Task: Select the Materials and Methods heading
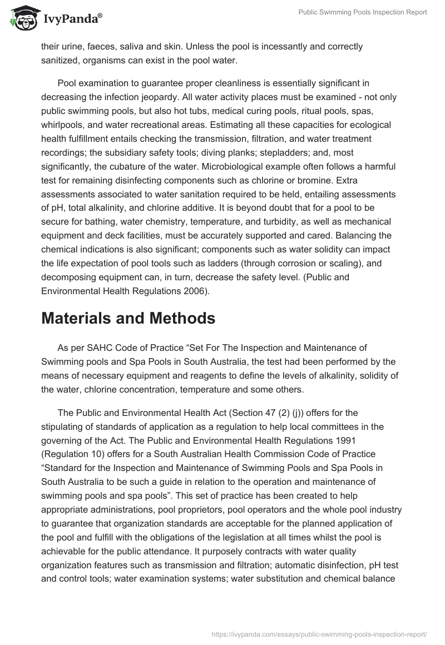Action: pyautogui.click(x=128, y=318)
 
